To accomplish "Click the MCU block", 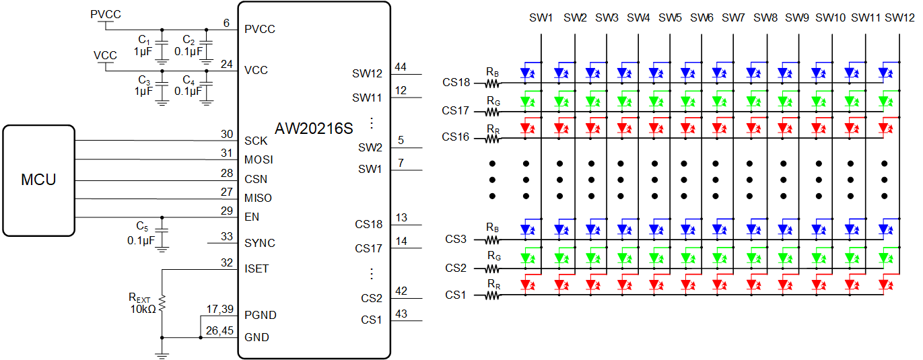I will point(38,180).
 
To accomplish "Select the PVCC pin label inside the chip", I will point(260,30).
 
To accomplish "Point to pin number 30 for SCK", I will point(226,134).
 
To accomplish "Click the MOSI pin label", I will point(259,160).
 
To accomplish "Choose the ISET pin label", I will point(257,268).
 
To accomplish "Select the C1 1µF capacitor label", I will point(143,46).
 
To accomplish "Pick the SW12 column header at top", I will point(899,17).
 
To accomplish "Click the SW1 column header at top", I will point(541,17).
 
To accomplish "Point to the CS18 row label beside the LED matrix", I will point(456,83).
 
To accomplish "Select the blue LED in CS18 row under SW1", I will point(527,72).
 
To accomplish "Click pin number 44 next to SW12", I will point(401,67).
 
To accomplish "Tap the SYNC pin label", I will point(260,243).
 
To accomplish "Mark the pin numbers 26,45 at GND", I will point(220,330).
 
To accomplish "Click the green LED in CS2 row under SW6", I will point(686,257).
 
